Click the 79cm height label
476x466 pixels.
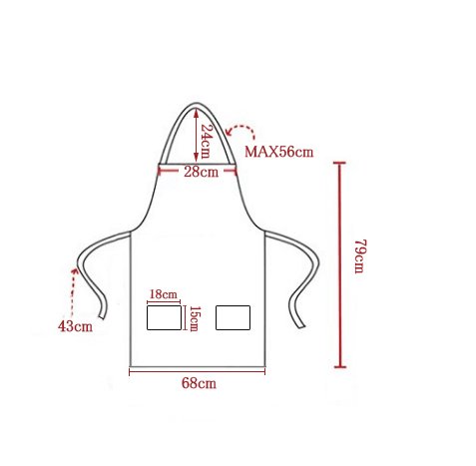pyautogui.click(x=359, y=256)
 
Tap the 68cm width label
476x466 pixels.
pyautogui.click(x=199, y=383)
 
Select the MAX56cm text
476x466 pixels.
pyautogui.click(x=278, y=152)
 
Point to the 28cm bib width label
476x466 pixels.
pyautogui.click(x=201, y=172)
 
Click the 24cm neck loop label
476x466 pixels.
pyautogui.click(x=206, y=141)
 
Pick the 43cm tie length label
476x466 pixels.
pyautogui.click(x=75, y=326)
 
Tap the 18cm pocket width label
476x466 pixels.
pyautogui.click(x=163, y=294)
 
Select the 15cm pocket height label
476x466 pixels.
pyautogui.click(x=195, y=318)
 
